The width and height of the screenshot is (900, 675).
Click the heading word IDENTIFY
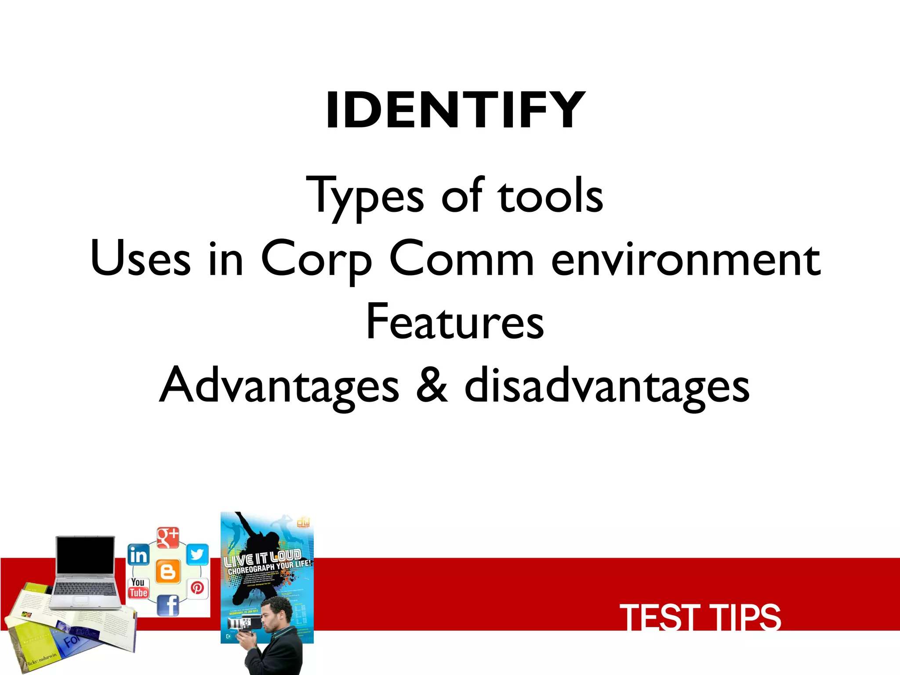tap(455, 110)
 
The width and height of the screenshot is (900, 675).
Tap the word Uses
tap(140, 259)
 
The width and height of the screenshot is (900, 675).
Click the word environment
tap(686, 259)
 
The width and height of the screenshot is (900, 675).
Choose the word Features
tap(455, 323)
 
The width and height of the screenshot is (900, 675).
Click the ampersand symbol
tap(432, 386)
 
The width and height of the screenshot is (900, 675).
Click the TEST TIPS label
tap(700, 617)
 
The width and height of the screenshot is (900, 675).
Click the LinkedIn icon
tap(138, 555)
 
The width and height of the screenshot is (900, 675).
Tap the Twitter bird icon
tap(197, 555)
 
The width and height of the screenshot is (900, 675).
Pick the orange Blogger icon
tap(168, 572)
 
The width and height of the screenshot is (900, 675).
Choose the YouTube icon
tap(138, 588)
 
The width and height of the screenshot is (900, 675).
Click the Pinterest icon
tap(197, 588)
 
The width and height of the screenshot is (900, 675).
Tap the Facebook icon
tap(168, 606)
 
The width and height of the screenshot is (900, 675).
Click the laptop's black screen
tap(85, 555)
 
